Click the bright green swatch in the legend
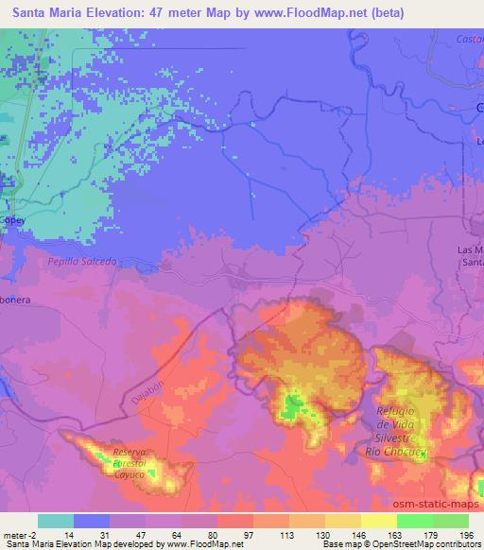coord(414,522)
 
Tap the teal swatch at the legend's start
coord(56,522)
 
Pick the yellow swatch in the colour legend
coord(378,522)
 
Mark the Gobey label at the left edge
coord(11,219)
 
